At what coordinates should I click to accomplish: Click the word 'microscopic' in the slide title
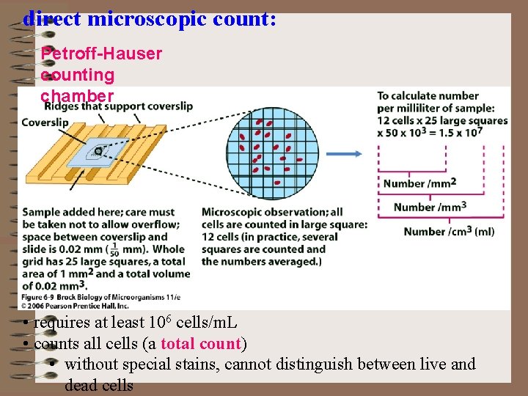point(151,19)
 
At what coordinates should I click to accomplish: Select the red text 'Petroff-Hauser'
point(101,54)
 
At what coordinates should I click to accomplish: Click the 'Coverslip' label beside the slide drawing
point(45,122)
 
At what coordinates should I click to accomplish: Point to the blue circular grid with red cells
point(271,153)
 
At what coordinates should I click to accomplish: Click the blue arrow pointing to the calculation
point(344,154)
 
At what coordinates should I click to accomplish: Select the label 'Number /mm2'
point(419,183)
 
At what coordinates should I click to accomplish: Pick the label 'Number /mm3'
point(430,207)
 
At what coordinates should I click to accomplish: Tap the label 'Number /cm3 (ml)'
point(449,232)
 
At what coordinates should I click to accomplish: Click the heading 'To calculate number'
point(428,96)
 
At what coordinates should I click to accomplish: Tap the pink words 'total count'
point(199,343)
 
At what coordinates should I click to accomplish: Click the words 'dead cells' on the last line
point(99,385)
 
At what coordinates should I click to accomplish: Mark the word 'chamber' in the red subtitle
point(77,96)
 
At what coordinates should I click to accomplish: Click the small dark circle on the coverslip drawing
point(98,150)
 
